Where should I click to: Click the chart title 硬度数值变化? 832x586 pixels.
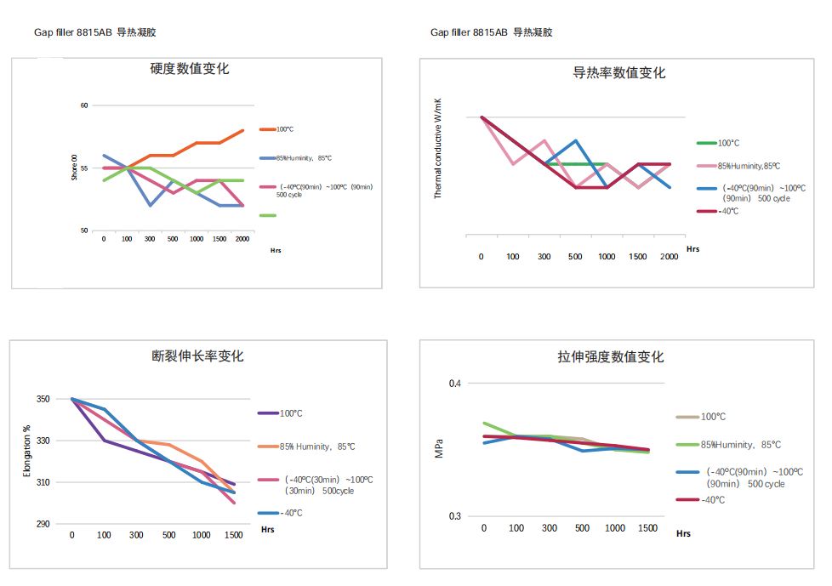(189, 69)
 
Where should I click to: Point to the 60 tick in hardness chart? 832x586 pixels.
(84, 105)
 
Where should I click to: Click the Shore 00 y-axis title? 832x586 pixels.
(75, 168)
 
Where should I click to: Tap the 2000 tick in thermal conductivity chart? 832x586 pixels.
(669, 256)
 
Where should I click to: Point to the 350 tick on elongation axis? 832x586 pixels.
(42, 399)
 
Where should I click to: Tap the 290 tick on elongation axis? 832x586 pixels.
(42, 525)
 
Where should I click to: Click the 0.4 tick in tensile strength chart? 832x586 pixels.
(455, 384)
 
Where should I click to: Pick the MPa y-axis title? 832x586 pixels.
(439, 449)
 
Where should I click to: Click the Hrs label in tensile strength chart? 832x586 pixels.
(683, 534)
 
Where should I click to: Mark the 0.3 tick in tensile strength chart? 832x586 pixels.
(455, 516)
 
